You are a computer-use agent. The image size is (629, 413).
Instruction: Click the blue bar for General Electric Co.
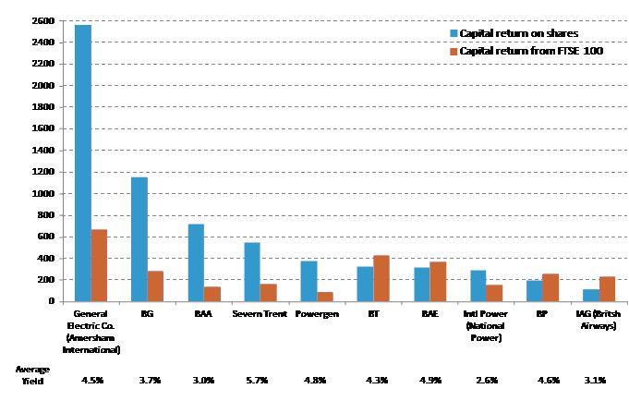pos(82,163)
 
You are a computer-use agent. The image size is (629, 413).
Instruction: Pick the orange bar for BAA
pos(212,294)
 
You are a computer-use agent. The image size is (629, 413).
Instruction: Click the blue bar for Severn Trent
pos(252,272)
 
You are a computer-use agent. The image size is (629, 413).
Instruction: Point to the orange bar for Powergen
pos(325,297)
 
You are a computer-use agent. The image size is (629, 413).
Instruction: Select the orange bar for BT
pos(381,278)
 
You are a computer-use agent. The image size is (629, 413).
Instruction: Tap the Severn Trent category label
pos(260,314)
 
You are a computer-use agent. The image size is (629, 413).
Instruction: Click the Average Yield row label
pos(32,374)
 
